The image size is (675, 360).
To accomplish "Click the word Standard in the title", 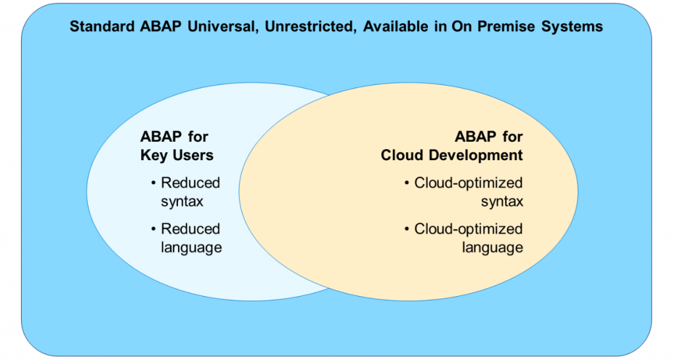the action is point(102,26).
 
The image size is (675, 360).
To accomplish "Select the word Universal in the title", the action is point(223,26).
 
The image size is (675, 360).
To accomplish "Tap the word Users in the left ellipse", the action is point(192,155).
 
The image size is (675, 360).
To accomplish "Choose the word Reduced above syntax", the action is point(191,183).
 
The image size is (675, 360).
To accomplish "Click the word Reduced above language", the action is point(191,229).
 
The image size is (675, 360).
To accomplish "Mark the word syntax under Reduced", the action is point(182,202).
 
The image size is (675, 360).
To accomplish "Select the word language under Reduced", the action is point(192,248).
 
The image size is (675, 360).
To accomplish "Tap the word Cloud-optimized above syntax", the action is point(469,183).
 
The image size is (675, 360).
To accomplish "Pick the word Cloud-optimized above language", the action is point(469,229).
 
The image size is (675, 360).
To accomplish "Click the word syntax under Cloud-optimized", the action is point(502,202).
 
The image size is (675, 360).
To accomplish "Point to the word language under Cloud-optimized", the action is point(492,248).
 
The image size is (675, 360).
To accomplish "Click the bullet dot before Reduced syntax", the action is point(153,183).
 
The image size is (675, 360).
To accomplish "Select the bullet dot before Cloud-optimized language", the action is point(406,229).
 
